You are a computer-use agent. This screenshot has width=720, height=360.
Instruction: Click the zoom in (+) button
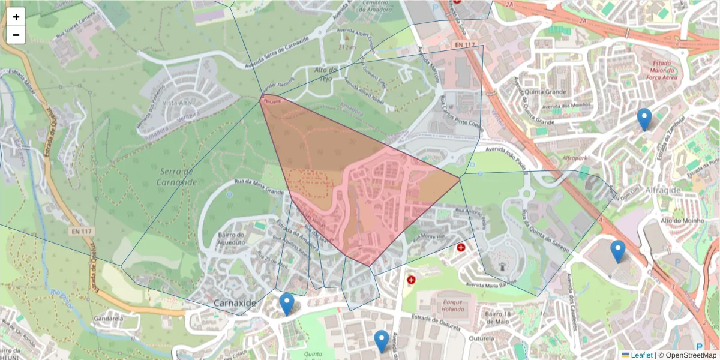(16, 17)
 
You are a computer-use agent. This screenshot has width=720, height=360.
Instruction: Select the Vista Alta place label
(176, 103)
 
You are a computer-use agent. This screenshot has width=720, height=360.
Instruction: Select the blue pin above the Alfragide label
(644, 119)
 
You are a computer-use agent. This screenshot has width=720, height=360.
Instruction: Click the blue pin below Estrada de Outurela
(382, 341)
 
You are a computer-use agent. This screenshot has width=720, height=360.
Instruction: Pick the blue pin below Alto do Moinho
(618, 251)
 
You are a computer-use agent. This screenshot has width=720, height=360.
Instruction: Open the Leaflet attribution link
(641, 355)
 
